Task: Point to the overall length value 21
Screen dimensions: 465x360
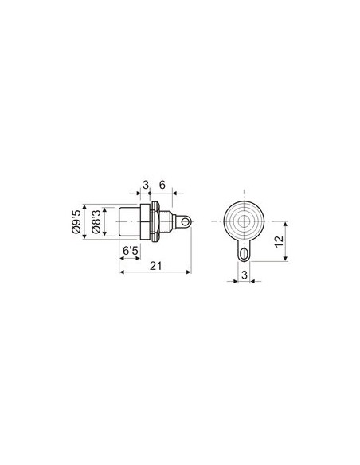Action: point(156,265)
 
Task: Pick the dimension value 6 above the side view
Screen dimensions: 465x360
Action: point(162,185)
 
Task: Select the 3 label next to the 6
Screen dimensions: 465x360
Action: point(146,185)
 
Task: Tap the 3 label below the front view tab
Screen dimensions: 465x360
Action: point(244,275)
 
